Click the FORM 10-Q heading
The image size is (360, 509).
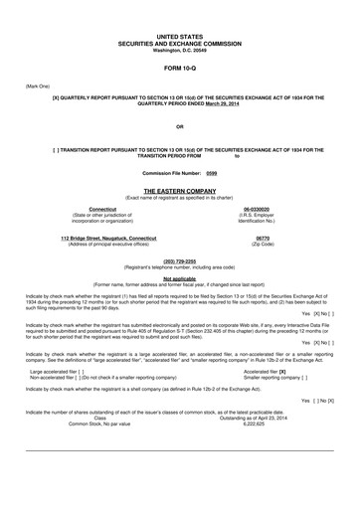coord(179,68)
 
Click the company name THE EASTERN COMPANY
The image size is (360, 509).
coord(179,189)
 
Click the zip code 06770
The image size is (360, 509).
coord(263,239)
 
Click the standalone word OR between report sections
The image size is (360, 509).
coord(179,127)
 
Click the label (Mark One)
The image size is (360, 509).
coord(37,86)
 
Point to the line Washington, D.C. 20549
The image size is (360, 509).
coord(179,49)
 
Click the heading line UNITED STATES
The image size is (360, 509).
coord(179,35)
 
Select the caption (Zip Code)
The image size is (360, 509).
coord(263,245)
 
